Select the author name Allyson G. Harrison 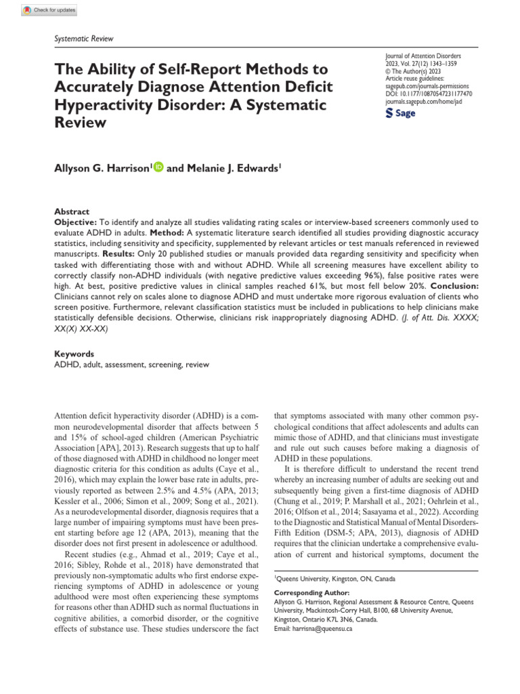(x=102, y=167)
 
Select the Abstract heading (x=71, y=211)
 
